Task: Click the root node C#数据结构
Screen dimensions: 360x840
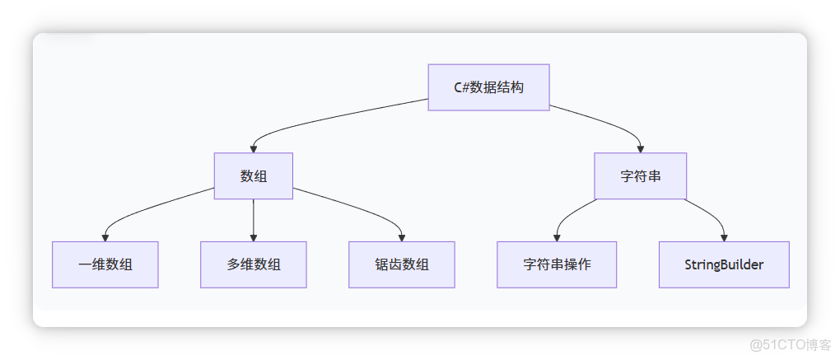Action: [488, 87]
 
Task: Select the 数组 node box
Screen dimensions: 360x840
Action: [253, 175]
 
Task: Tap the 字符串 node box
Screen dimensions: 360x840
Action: [640, 175]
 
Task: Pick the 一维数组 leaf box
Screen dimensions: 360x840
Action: [105, 264]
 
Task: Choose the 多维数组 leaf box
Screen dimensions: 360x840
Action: [253, 264]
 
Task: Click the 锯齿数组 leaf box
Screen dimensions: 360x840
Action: [401, 264]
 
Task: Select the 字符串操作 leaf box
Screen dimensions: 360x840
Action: [557, 264]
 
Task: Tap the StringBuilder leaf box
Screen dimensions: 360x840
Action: [724, 264]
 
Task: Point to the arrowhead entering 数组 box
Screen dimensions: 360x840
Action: [253, 148]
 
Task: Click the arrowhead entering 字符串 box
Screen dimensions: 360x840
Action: [641, 148]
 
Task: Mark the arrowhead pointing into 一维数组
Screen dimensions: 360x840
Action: [105, 237]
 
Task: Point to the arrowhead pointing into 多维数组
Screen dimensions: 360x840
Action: [253, 237]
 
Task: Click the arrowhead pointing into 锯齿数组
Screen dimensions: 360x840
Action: [401, 237]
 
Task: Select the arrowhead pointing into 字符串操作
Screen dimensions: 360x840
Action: [557, 237]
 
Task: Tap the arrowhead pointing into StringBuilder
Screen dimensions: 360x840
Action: [724, 237]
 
